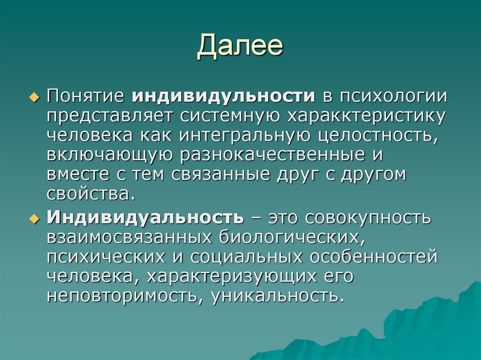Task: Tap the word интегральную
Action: (234, 135)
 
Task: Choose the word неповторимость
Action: (125, 296)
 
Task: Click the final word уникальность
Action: (275, 296)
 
